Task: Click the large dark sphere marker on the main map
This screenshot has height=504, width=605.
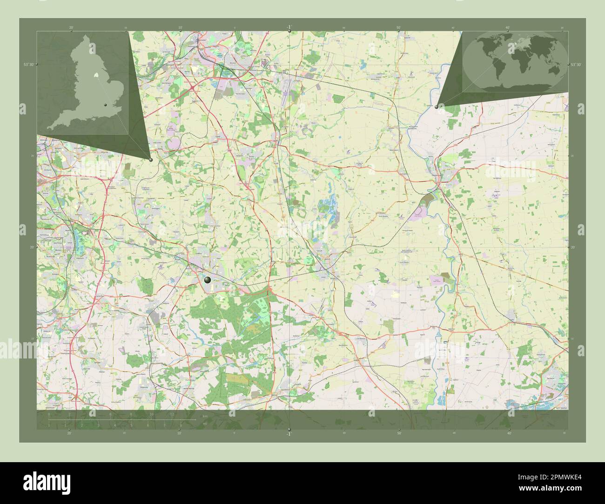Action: click(x=207, y=280)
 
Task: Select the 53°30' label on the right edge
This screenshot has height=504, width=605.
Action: click(x=576, y=65)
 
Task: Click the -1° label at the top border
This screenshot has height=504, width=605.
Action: click(x=289, y=27)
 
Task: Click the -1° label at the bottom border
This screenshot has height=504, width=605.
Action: click(x=289, y=434)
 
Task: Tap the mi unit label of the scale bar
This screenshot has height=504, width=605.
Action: click(x=204, y=424)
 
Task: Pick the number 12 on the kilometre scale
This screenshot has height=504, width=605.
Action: click(x=172, y=413)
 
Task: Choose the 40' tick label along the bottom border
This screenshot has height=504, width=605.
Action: click(x=509, y=433)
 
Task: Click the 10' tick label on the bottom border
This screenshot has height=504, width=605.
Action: click(x=180, y=433)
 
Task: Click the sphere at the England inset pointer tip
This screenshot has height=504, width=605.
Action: click(x=151, y=159)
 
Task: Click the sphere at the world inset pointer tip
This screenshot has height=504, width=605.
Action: click(x=436, y=107)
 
